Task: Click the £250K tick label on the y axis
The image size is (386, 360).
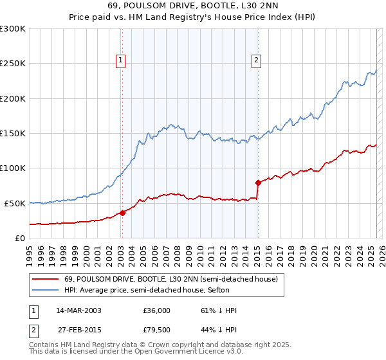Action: pos(13,64)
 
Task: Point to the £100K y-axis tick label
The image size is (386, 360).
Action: pos(13,168)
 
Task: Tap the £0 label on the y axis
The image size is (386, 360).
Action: pos(20,238)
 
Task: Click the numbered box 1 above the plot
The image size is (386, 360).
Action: pos(120,61)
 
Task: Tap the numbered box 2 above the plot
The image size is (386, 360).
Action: pos(256,61)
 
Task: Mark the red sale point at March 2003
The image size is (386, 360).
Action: pos(122,213)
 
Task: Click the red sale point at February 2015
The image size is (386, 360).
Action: pos(257,183)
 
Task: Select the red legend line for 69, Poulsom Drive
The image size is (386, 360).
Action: pos(44,279)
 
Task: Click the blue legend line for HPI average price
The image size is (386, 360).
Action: pos(44,290)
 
